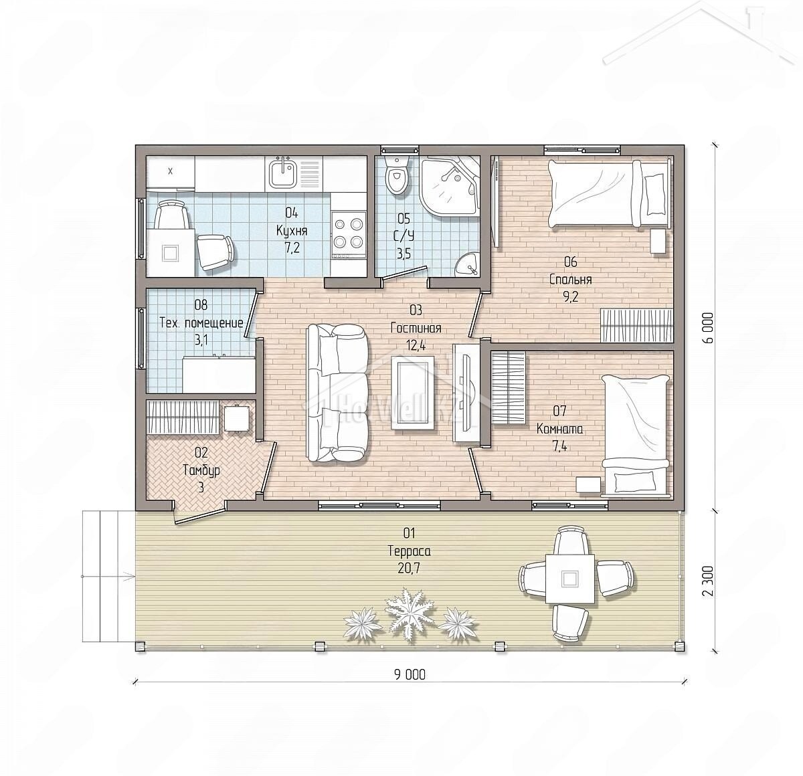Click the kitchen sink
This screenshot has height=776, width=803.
click(284, 173)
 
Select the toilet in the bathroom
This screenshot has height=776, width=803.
click(397, 175)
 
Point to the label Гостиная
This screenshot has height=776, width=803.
click(416, 328)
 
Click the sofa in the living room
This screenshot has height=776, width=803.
click(337, 393)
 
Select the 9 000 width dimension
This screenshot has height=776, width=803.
click(410, 675)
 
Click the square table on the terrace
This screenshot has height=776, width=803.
click(570, 579)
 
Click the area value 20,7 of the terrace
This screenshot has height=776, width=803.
click(409, 569)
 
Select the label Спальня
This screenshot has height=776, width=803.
click(570, 280)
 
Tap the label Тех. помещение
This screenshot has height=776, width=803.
click(201, 322)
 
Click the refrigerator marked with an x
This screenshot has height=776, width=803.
click(171, 173)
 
